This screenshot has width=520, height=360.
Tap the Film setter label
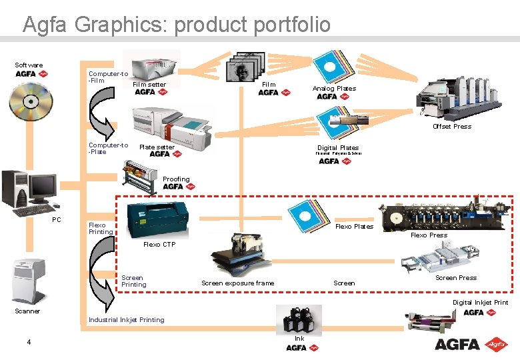coord(149,85)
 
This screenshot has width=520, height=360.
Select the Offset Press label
coord(451,127)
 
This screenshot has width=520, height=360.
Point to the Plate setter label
coord(157,147)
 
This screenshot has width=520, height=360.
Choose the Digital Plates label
coord(338,148)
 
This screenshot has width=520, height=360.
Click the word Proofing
coord(176,179)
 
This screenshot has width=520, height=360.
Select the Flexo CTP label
coord(159,245)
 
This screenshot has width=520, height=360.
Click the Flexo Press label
coord(429,235)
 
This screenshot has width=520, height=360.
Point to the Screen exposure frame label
coord(237,283)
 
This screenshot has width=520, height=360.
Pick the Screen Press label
coord(456,278)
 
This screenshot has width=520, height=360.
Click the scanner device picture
coord(28,280)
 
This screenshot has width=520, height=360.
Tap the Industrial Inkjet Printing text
coord(126,320)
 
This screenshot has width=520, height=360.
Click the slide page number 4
coord(29,343)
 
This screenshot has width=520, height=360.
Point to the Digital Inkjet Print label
coord(480,303)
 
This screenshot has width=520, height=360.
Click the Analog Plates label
coord(334,89)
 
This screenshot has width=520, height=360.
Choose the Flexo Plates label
coord(354,227)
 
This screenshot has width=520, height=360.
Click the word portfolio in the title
coord(287,25)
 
